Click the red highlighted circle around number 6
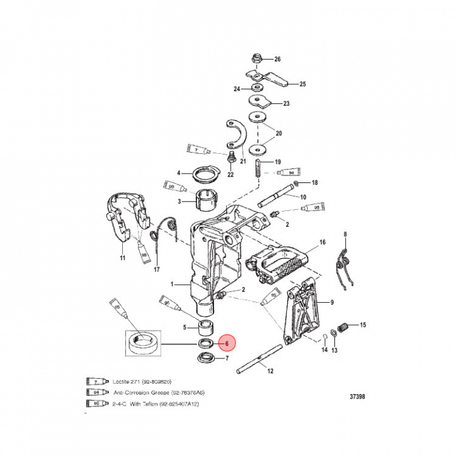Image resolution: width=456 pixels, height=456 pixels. click(x=226, y=343)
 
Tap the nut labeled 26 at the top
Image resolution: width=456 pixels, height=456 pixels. click(x=256, y=59)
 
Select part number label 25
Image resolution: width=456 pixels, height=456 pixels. click(x=302, y=84)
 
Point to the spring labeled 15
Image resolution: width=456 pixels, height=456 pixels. click(x=342, y=328)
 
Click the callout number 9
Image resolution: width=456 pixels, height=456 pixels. click(x=332, y=302)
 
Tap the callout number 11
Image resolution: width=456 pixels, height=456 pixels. click(x=123, y=259)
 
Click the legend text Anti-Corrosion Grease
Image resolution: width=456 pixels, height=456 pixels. click(x=140, y=393)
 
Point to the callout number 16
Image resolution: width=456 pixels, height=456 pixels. click(x=322, y=243)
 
